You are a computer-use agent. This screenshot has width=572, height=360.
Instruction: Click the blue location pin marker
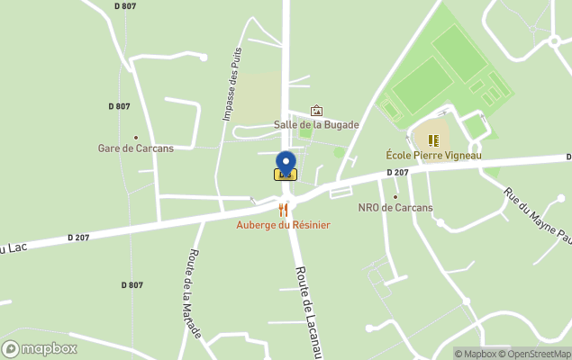click(x=285, y=163)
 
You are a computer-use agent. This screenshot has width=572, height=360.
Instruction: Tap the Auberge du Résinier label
click(x=283, y=224)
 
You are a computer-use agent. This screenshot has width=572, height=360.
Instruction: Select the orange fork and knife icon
click(x=283, y=210)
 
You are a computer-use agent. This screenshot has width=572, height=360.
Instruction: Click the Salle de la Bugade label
click(x=316, y=125)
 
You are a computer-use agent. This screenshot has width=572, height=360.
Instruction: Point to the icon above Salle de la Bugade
click(x=316, y=111)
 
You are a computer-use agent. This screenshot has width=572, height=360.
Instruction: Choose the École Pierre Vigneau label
click(x=433, y=156)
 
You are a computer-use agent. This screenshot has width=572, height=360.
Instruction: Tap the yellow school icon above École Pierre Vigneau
click(x=433, y=140)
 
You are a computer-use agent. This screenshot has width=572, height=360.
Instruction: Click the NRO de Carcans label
click(x=395, y=208)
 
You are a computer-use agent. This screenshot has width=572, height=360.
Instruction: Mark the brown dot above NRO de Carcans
click(x=395, y=195)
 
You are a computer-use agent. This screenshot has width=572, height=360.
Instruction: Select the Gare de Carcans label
click(x=135, y=148)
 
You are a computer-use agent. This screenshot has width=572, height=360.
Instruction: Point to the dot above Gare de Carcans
click(x=136, y=137)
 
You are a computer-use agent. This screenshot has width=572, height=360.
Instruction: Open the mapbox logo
click(x=40, y=349)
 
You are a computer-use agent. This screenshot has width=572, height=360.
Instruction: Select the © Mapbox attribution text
click(x=475, y=354)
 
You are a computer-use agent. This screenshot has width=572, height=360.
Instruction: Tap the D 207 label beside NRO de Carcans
click(x=397, y=172)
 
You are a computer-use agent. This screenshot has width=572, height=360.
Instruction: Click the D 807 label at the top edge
click(x=126, y=6)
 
